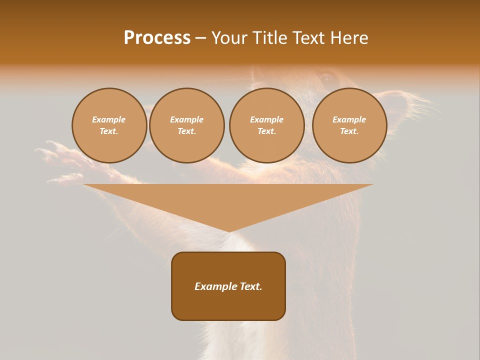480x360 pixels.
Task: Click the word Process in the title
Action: pyautogui.click(x=157, y=38)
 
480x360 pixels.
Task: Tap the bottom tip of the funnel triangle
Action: pyautogui.click(x=228, y=230)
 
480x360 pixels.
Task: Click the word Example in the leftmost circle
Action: pyautogui.click(x=109, y=119)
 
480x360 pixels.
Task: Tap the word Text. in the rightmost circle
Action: pyautogui.click(x=349, y=131)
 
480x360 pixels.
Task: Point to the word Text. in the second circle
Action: pyautogui.click(x=186, y=131)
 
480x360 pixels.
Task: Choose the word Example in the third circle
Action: pyautogui.click(x=266, y=119)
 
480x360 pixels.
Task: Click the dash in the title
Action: pyautogui.click(x=200, y=38)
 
